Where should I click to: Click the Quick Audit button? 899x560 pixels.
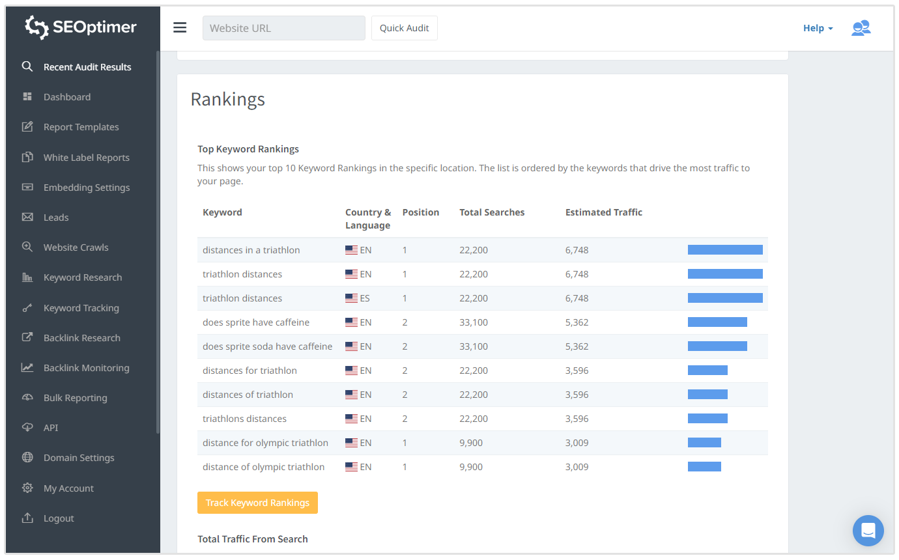404,28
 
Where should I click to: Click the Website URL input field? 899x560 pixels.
283,28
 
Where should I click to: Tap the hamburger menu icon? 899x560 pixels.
180,27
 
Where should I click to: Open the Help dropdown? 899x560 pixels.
818,28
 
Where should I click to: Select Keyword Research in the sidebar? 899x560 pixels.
82,277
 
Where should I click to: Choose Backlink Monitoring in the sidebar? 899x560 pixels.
86,368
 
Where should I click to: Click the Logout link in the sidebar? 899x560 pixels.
59,518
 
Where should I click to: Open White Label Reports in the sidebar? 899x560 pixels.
86,158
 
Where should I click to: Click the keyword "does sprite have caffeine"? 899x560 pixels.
256,322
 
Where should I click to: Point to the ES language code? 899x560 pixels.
365,298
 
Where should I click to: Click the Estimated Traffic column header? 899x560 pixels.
603,212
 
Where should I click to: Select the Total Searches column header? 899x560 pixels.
492,212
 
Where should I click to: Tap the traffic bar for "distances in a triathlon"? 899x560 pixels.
725,250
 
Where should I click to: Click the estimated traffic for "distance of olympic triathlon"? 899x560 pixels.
577,467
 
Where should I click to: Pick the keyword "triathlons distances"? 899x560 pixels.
244,419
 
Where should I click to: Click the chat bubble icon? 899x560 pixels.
868,531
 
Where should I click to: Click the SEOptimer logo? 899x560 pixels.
81,27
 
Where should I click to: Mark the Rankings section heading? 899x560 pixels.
227,99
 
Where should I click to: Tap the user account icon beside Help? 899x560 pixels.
861,28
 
